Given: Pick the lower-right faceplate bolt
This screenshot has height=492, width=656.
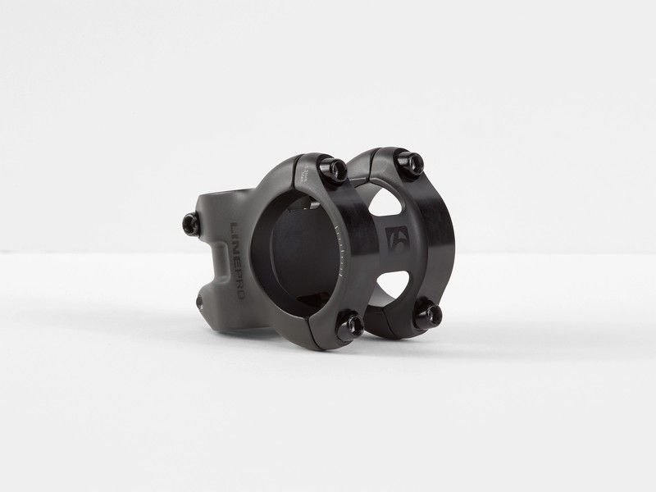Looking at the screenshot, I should [x=426, y=315].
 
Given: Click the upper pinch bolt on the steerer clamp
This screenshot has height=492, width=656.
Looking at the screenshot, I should [x=190, y=221].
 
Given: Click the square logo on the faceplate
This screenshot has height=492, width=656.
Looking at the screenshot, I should [x=396, y=239].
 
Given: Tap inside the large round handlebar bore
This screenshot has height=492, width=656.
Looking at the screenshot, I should [x=300, y=246].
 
